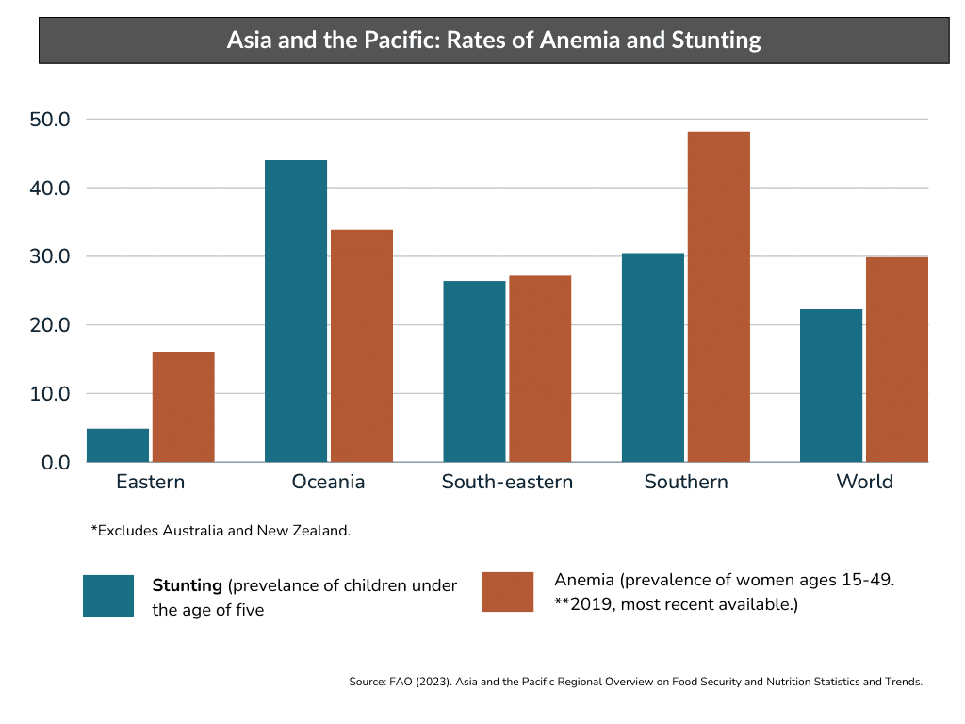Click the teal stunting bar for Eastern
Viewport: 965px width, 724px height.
pyautogui.click(x=118, y=445)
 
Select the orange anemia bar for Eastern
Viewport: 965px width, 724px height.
pyautogui.click(x=184, y=406)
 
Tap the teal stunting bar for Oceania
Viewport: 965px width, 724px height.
pyautogui.click(x=296, y=311)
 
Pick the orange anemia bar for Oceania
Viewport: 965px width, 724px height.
pyautogui.click(x=362, y=346)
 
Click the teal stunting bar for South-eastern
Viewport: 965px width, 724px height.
pyautogui.click(x=474, y=371)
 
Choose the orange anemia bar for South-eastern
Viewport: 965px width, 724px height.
pyautogui.click(x=540, y=369)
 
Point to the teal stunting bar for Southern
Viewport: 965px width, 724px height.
pyautogui.click(x=652, y=357)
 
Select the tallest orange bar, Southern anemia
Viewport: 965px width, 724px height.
pyautogui.click(x=718, y=297)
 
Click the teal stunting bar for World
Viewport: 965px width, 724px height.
pyautogui.click(x=830, y=386)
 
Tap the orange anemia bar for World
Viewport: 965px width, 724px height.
pyautogui.click(x=896, y=359)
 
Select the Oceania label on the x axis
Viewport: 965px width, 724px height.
pyautogui.click(x=328, y=482)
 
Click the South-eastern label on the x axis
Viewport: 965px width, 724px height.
pyautogui.click(x=507, y=482)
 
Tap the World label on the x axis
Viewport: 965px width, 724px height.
pyautogui.click(x=864, y=482)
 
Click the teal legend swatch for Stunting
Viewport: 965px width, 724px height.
pyautogui.click(x=108, y=596)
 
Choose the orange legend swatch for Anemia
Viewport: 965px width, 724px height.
pyautogui.click(x=508, y=592)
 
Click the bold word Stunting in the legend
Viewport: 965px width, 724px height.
pyautogui.click(x=188, y=585)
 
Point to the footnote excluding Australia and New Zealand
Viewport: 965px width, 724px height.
pyautogui.click(x=221, y=530)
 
